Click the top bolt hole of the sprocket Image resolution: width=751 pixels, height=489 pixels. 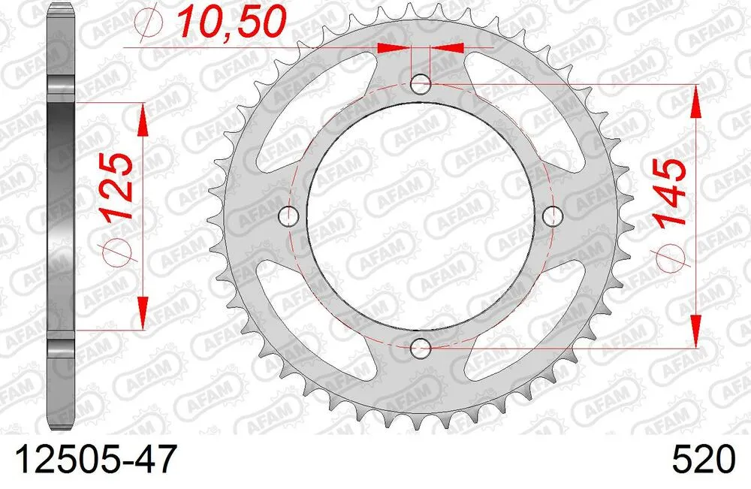421,83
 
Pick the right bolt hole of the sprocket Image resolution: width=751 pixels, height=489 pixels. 553,216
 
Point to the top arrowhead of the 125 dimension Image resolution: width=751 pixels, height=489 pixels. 142,116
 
